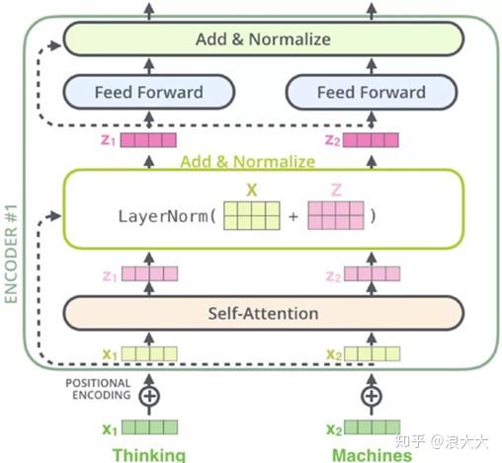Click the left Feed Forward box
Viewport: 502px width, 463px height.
click(x=148, y=93)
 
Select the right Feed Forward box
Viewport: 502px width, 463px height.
click(x=371, y=93)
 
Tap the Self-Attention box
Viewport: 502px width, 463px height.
click(x=263, y=313)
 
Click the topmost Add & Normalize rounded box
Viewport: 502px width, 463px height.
click(x=263, y=39)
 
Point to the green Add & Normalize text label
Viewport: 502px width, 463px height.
click(x=247, y=161)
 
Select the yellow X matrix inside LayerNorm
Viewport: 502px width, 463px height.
click(x=250, y=215)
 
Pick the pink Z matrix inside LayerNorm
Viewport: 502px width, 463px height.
click(x=335, y=215)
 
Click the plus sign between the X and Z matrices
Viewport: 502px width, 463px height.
click(x=293, y=216)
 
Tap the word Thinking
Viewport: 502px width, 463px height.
click(x=148, y=455)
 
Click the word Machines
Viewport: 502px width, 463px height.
click(x=371, y=455)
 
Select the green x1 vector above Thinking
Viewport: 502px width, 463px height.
click(x=150, y=427)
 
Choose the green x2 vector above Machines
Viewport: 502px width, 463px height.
click(x=373, y=427)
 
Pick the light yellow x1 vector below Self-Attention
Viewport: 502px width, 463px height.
click(x=150, y=353)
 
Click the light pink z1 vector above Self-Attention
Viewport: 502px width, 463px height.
click(x=150, y=270)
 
